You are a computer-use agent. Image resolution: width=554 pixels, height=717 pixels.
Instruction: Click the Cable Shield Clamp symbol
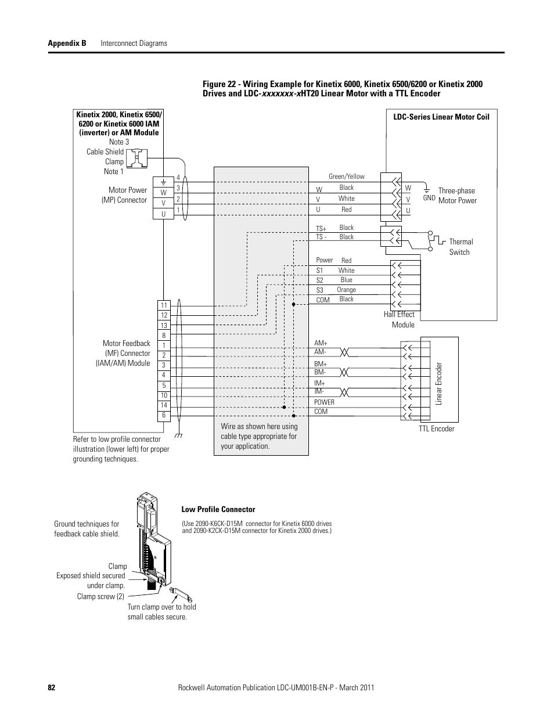click(x=136, y=158)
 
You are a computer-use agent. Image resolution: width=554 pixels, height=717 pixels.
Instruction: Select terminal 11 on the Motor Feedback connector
click(x=164, y=305)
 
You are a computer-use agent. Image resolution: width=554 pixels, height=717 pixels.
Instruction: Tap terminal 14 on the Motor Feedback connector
click(x=164, y=405)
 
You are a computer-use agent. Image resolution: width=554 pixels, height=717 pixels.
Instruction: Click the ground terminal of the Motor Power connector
click(x=163, y=182)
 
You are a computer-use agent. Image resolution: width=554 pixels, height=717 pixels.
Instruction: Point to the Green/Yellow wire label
click(x=347, y=176)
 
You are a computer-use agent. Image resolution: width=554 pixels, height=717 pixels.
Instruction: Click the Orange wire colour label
click(x=346, y=290)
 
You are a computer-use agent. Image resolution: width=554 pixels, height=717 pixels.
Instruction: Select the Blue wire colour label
click(x=346, y=280)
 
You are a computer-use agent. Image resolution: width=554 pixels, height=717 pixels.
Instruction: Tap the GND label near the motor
click(x=429, y=198)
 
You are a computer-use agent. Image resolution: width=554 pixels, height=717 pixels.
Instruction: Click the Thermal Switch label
click(x=461, y=247)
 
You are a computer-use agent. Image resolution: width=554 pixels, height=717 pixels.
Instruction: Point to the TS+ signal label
click(x=321, y=229)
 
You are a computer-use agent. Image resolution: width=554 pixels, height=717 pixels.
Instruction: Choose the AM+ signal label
click(x=321, y=343)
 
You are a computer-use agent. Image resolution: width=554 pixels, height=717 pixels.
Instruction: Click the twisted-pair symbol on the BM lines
click(x=344, y=372)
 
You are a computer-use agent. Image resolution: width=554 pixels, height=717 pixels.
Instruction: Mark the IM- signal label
click(x=319, y=391)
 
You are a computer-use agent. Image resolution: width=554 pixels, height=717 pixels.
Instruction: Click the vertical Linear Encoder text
click(x=438, y=383)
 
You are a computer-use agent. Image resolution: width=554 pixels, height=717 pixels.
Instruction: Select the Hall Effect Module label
click(x=400, y=319)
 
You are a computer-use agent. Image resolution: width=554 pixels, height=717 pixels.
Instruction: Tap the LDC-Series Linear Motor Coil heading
click(x=441, y=117)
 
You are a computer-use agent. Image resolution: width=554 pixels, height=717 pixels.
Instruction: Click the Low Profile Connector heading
click(x=218, y=510)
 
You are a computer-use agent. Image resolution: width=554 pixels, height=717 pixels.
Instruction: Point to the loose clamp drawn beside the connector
click(x=180, y=595)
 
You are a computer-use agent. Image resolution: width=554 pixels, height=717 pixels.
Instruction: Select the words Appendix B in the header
click(x=67, y=43)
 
